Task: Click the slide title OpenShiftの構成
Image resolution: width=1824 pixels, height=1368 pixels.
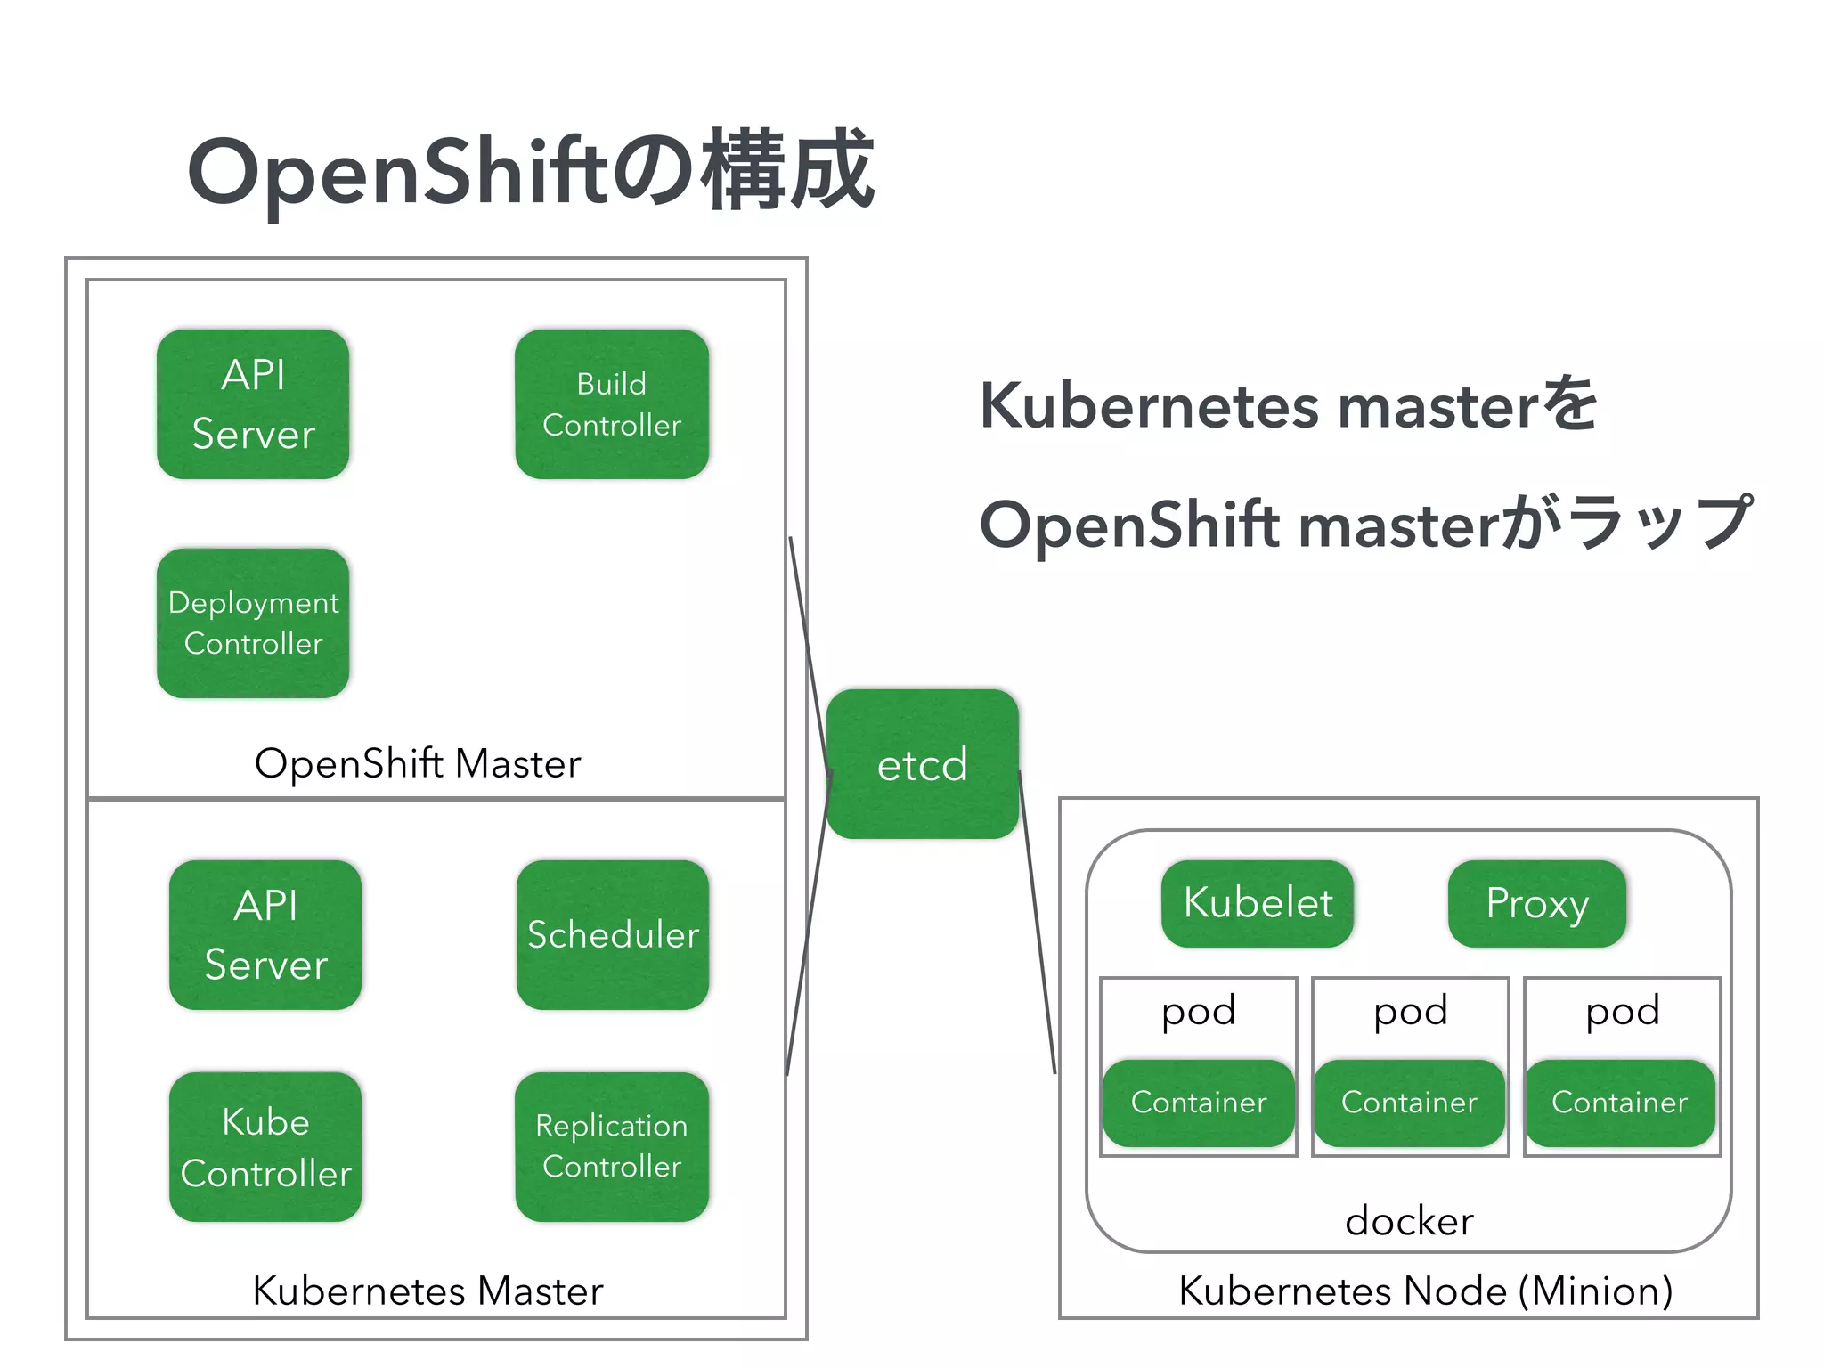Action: point(531,171)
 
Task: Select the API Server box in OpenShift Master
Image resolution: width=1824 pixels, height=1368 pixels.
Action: point(253,404)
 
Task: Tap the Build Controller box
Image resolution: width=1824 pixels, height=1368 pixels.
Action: point(612,404)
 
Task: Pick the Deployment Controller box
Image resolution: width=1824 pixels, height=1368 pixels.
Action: point(253,623)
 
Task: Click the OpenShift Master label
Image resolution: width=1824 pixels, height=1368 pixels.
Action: point(417,764)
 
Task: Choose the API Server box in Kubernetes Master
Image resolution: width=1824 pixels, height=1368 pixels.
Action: point(265,935)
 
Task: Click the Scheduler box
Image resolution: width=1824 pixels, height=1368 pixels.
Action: point(613,935)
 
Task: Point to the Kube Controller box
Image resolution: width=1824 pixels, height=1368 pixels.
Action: point(265,1147)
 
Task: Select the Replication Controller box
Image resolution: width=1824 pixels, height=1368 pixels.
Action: point(612,1147)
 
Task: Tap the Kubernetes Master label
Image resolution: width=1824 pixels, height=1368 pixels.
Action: point(427,1291)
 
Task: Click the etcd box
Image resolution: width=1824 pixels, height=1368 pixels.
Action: point(923,764)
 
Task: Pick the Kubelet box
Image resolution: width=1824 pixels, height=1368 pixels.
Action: point(1258,903)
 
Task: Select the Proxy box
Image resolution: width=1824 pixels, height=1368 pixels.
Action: point(1537,903)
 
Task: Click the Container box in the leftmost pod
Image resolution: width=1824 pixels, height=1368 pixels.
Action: point(1199,1103)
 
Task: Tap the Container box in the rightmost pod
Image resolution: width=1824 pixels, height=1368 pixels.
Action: point(1619,1103)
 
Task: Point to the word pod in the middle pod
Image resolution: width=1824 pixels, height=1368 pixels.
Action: point(1411,1012)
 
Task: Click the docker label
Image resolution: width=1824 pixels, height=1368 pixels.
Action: point(1409,1221)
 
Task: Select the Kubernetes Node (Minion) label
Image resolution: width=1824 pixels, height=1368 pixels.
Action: point(1425,1291)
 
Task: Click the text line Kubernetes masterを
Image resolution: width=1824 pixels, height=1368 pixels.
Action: point(1288,406)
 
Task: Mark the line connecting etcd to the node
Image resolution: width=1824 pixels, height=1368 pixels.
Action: point(1038,922)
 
